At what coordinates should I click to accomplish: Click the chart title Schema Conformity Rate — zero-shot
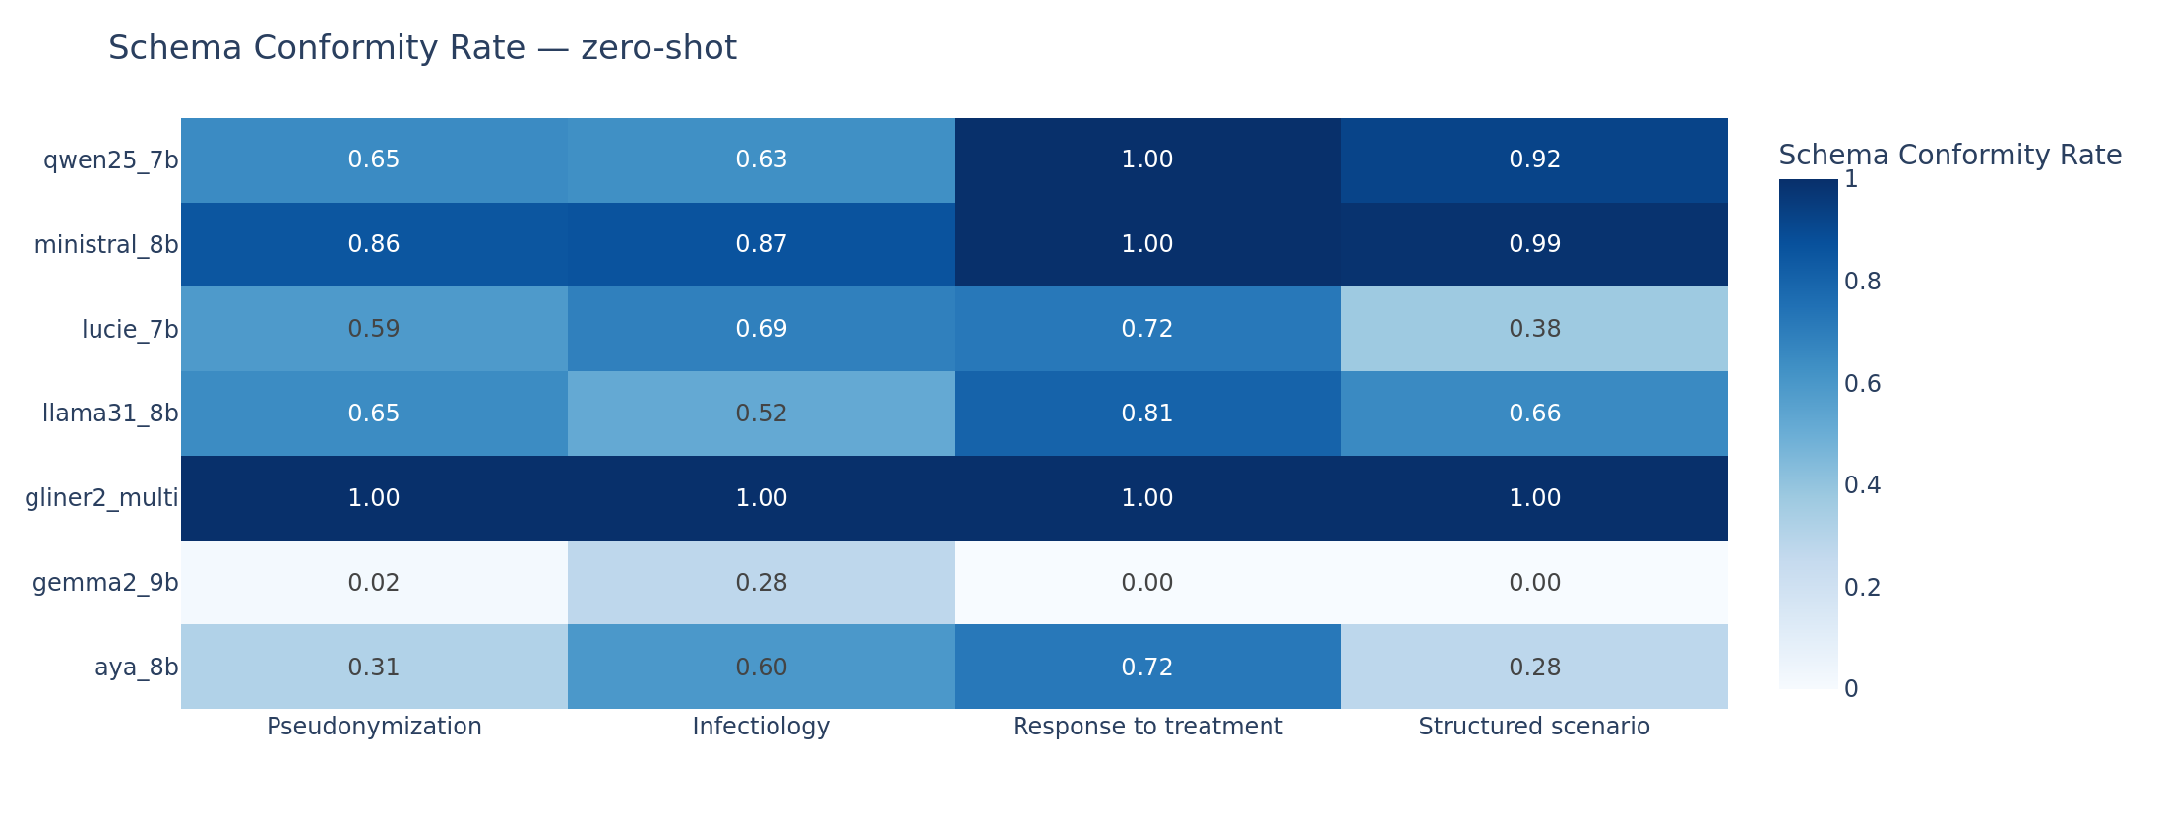point(422,48)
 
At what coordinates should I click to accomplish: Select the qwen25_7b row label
point(110,160)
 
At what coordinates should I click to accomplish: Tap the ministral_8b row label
point(105,245)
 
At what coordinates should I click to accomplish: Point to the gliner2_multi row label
point(101,498)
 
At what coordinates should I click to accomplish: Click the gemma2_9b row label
point(105,583)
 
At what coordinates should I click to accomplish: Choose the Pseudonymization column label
point(374,727)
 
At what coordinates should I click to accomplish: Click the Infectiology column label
point(761,727)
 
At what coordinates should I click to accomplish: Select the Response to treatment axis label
point(1147,727)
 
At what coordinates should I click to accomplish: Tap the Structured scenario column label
point(1534,727)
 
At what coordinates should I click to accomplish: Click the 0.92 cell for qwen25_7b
point(1534,160)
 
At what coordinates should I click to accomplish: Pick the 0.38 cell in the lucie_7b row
point(1534,329)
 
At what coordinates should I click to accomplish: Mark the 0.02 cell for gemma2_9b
point(374,583)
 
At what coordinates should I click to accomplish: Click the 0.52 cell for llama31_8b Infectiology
point(761,413)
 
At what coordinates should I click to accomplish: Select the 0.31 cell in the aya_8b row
point(374,668)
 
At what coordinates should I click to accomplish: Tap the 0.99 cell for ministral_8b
point(1534,245)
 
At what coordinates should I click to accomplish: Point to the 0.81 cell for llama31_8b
point(1147,413)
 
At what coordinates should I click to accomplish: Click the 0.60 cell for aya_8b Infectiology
point(761,668)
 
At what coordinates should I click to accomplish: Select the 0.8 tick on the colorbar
point(1862,282)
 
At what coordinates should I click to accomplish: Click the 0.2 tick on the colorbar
point(1862,588)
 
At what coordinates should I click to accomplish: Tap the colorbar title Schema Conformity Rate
point(1949,156)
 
